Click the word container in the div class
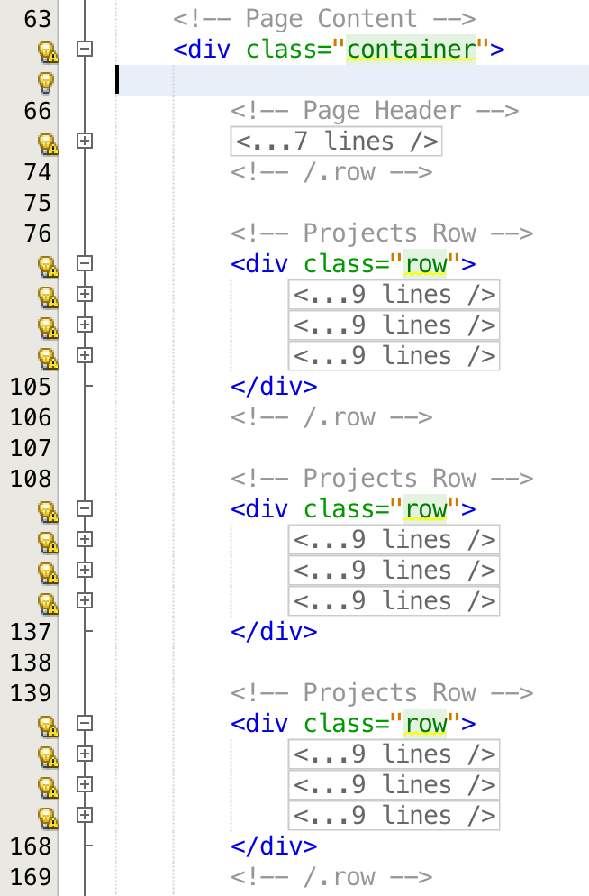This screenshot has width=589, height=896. pyautogui.click(x=410, y=49)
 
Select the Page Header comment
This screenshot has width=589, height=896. pyautogui.click(x=374, y=111)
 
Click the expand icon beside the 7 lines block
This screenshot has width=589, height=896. pyautogui.click(x=85, y=142)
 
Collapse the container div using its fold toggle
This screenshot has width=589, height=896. pyautogui.click(x=85, y=50)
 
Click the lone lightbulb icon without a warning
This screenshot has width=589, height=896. pyautogui.click(x=45, y=81)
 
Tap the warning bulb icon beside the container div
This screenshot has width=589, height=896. pyautogui.click(x=47, y=50)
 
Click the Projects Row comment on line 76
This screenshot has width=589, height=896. pyautogui.click(x=382, y=233)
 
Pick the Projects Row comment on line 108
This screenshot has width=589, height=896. pyautogui.click(x=382, y=479)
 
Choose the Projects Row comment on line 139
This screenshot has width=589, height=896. pyautogui.click(x=382, y=693)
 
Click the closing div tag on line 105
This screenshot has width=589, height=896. pyautogui.click(x=274, y=387)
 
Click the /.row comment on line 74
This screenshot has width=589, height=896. pyautogui.click(x=331, y=172)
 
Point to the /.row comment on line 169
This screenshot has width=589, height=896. pyautogui.click(x=331, y=877)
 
